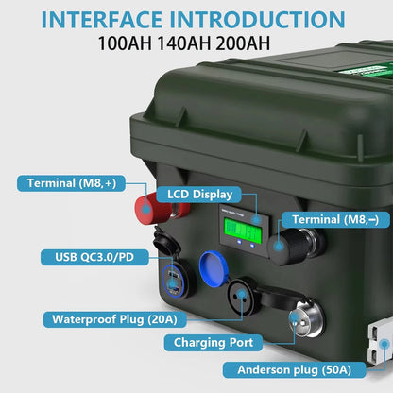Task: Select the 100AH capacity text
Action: coord(128,43)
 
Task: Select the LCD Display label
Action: coord(198,194)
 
